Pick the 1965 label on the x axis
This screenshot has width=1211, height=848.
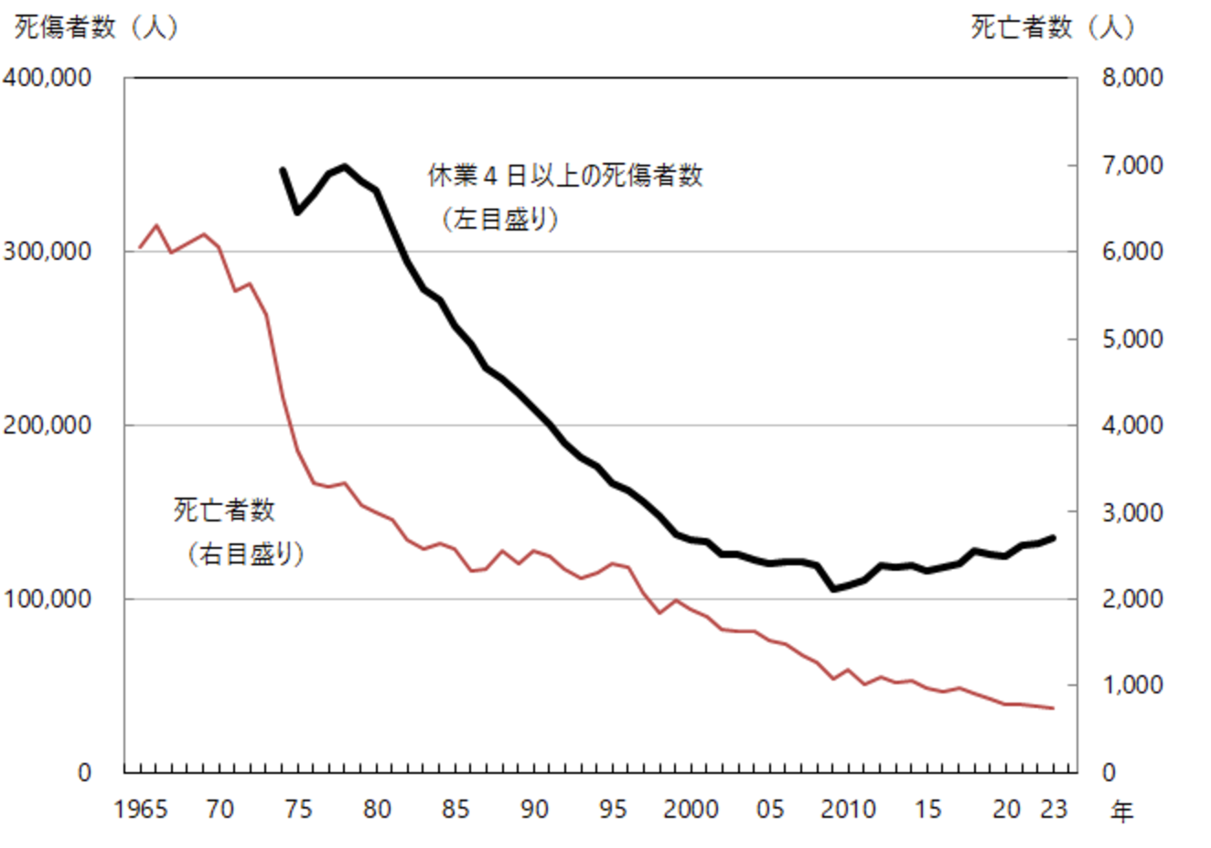coord(141,810)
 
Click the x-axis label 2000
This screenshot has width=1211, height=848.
coord(691,810)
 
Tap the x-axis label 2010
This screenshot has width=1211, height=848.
coord(848,810)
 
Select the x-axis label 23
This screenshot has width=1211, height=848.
coord(1054,810)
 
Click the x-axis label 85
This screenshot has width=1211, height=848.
coord(455,810)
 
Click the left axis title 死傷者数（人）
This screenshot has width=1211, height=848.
coord(96,27)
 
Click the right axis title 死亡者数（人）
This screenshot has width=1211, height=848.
coord(1053,27)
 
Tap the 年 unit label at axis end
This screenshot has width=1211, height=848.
coord(1121,811)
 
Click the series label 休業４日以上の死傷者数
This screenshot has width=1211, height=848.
coord(565,175)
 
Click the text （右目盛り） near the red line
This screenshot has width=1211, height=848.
coord(246,554)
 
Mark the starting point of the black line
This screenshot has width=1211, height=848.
coord(282,169)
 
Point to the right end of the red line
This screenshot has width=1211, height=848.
coord(1054,708)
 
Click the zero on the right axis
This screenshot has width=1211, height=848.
coord(1109,773)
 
